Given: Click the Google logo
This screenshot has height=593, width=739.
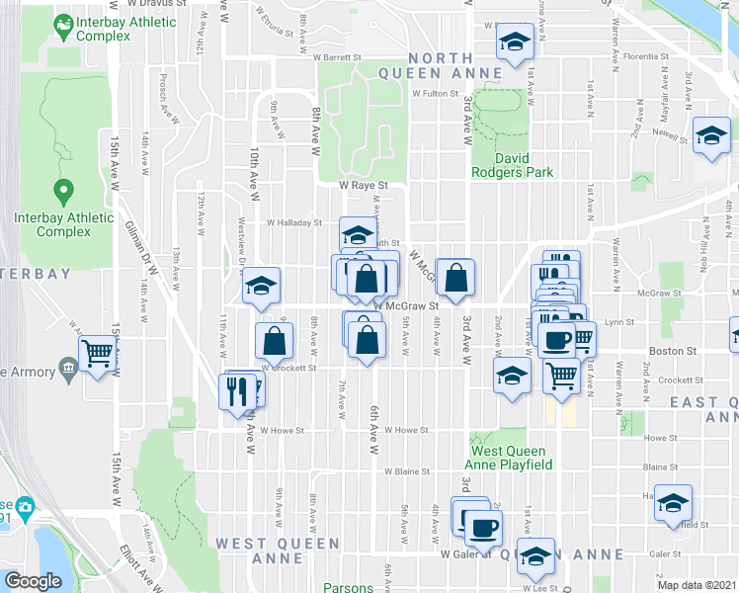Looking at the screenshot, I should [x=33, y=581].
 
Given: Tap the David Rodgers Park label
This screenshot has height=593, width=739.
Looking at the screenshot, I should [x=525, y=164].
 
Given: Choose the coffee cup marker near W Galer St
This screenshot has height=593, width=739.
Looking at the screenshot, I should [x=481, y=527].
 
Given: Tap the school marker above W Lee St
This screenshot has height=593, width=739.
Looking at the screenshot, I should [x=536, y=557].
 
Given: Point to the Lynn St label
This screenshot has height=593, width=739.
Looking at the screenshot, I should [x=618, y=321].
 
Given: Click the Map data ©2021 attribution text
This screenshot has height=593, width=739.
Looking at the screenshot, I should [x=697, y=585].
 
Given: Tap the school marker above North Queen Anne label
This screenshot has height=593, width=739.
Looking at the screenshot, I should [x=514, y=42].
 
